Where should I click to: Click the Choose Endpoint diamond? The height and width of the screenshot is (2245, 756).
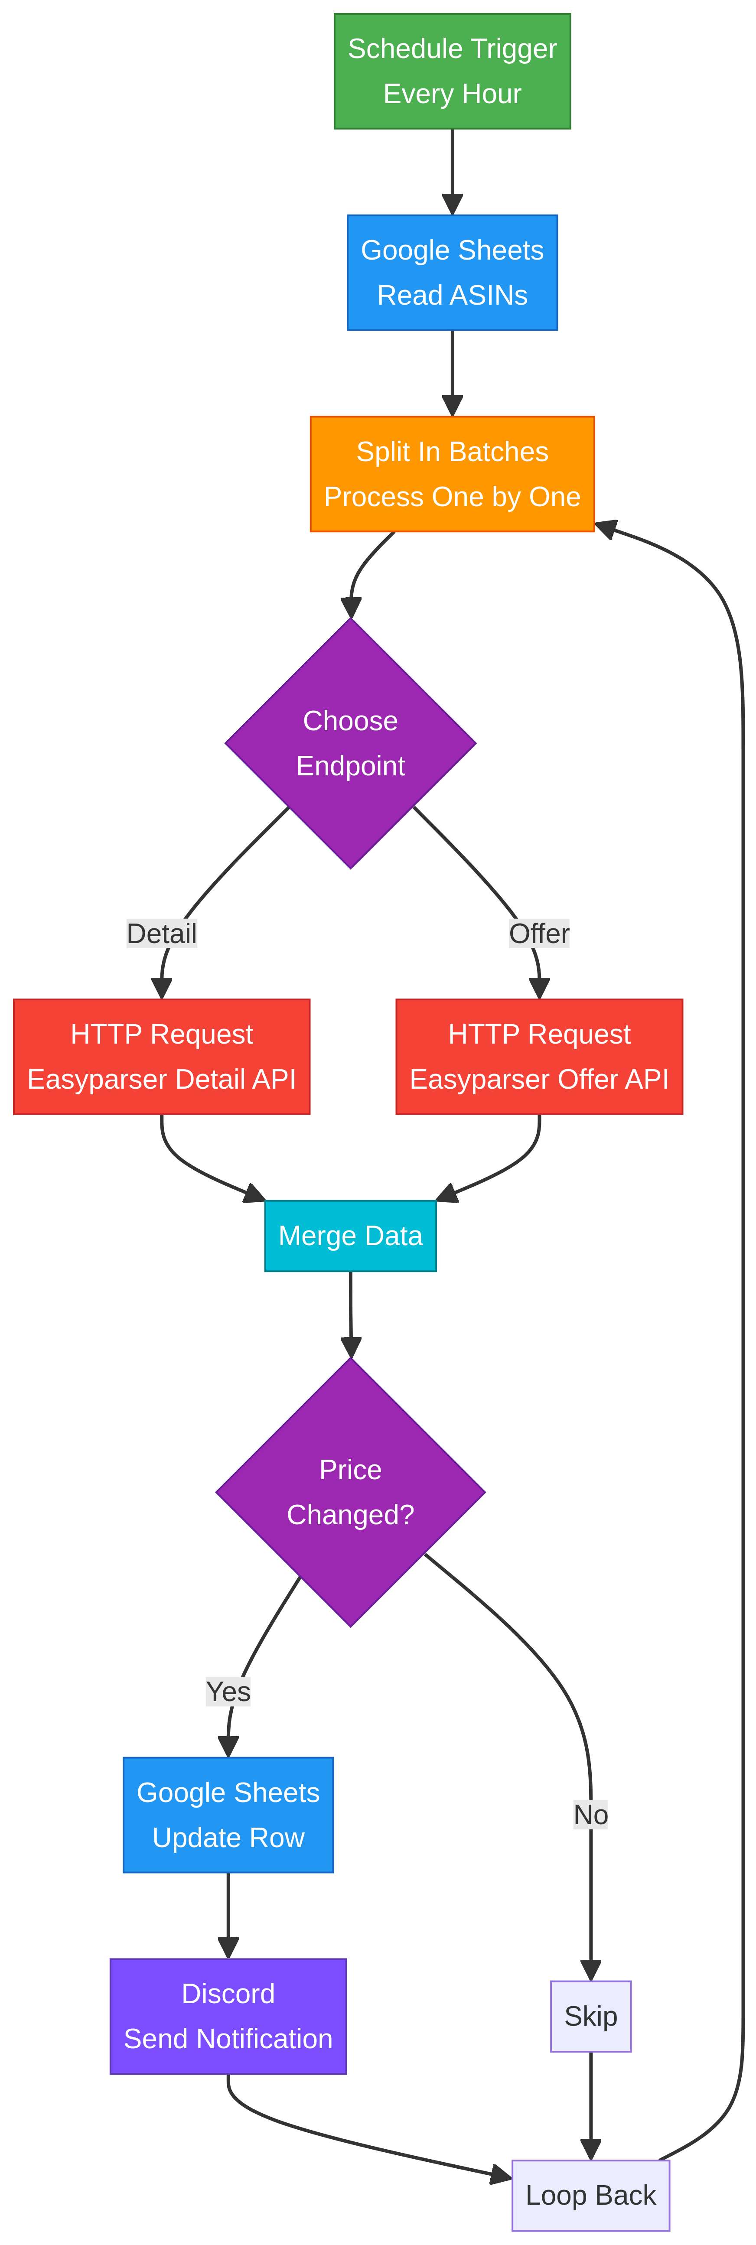click(351, 743)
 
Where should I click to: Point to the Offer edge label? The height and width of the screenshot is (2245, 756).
click(539, 934)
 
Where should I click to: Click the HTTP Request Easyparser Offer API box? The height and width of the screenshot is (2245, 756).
click(539, 1056)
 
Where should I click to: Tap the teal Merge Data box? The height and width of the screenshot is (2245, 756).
click(351, 1236)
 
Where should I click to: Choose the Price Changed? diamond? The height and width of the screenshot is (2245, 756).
click(351, 1492)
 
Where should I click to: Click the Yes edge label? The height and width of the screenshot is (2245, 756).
click(228, 1692)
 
